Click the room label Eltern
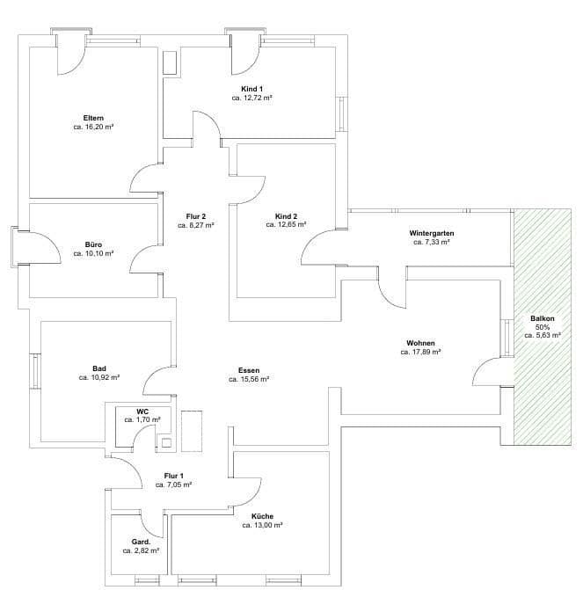click(95, 117)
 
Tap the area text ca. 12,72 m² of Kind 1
click(251, 98)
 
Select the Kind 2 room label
click(286, 215)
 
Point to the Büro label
click(94, 244)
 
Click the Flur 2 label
click(195, 215)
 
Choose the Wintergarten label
click(431, 233)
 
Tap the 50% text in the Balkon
click(542, 326)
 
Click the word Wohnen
click(420, 342)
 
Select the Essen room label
click(248, 370)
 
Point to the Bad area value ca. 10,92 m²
click(98, 377)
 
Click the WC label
click(142, 411)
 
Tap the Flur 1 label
click(173, 475)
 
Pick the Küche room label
click(261, 515)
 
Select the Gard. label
click(141, 541)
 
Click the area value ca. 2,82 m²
click(141, 550)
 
